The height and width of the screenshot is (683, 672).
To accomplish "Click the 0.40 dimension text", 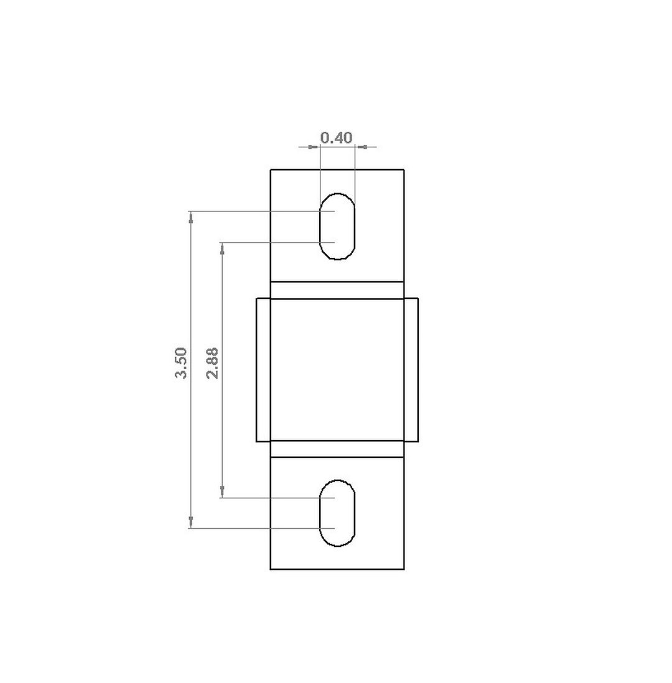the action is click(x=336, y=137).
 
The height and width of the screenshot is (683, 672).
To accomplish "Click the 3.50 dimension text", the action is click(x=181, y=363).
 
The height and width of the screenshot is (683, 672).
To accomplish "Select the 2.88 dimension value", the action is click(x=212, y=363).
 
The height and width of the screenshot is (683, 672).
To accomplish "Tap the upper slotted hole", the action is click(x=337, y=226).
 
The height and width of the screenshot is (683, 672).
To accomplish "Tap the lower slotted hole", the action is click(x=337, y=513).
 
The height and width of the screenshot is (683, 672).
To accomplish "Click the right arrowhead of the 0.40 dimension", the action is click(x=361, y=147).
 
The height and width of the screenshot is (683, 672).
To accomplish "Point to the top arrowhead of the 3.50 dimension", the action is click(x=190, y=217).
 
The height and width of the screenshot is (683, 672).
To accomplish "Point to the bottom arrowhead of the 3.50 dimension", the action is click(x=190, y=523).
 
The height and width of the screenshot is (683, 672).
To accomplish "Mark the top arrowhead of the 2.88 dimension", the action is click(x=222, y=249).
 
